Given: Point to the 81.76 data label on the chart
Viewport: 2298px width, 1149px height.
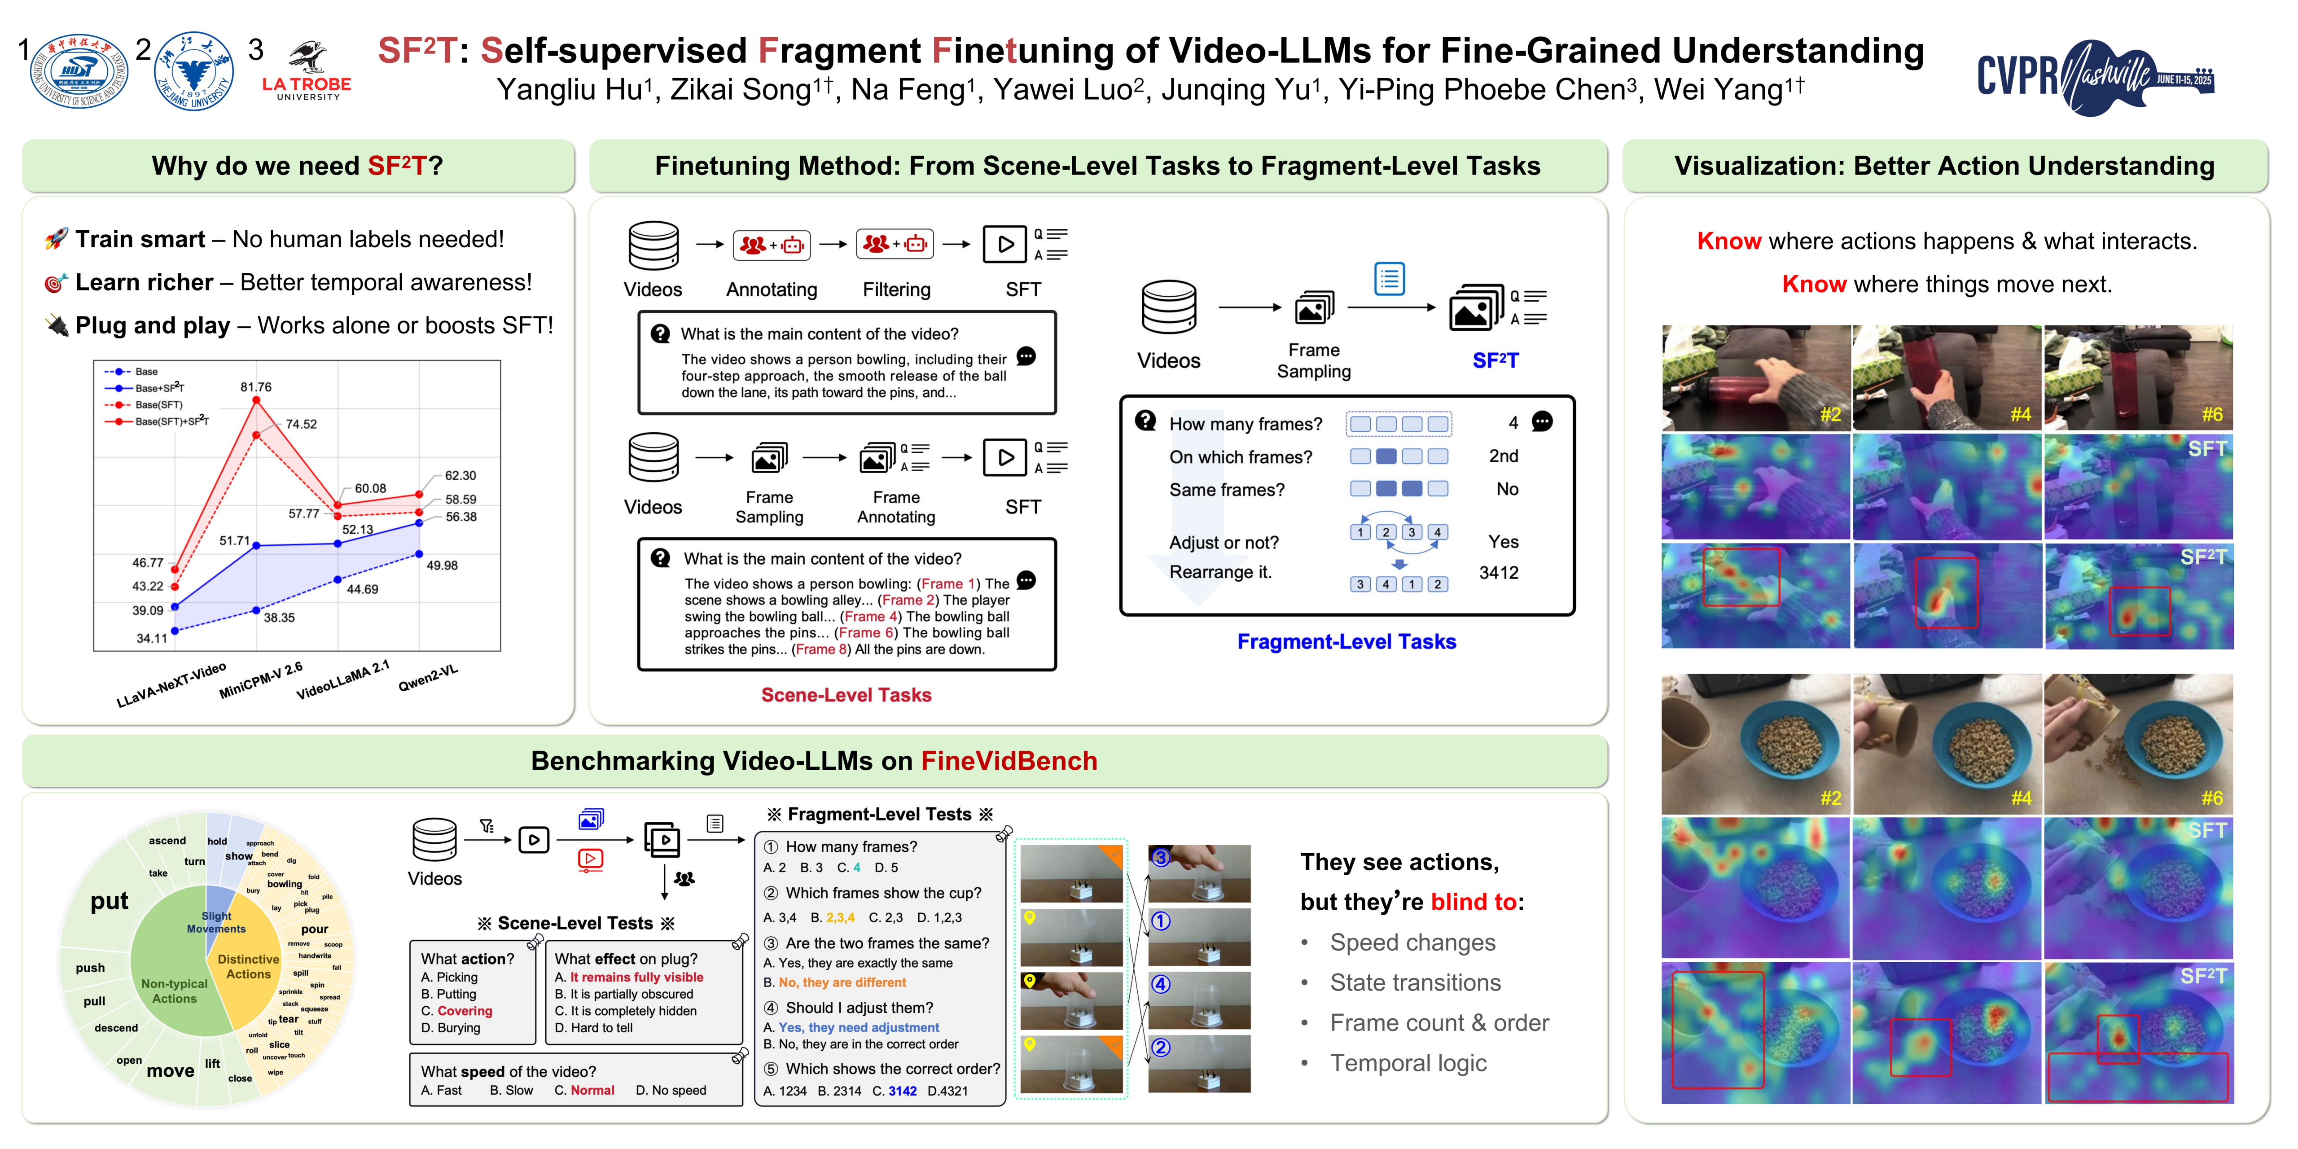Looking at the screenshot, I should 256,387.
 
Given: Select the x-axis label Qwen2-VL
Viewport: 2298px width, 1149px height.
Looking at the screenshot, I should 428,678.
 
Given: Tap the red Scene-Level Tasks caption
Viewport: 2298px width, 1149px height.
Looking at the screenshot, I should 846,695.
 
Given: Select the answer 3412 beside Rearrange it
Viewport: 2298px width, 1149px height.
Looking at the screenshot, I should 1499,573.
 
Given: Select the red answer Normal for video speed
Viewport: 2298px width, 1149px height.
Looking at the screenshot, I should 592,1090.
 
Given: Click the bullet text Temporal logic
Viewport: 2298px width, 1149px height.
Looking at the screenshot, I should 1408,1063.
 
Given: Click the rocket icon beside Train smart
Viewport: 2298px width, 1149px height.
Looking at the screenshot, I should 56,239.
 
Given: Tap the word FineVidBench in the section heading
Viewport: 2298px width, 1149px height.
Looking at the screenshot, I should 1009,761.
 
